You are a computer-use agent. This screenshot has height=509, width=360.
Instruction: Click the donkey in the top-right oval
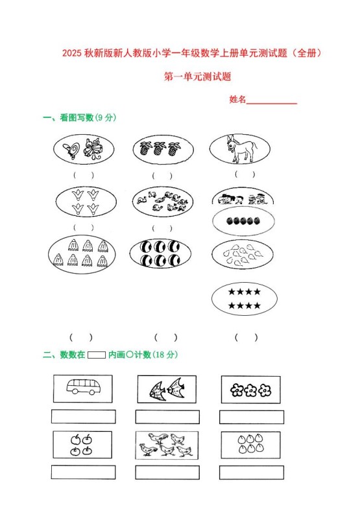coord(239,148)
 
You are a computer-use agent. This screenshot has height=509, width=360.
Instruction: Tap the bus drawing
coord(83,388)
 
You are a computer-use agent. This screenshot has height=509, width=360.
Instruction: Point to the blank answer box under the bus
coord(83,416)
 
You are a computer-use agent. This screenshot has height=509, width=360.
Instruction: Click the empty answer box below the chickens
coord(167,472)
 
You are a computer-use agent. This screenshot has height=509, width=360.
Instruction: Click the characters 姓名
coord(237,100)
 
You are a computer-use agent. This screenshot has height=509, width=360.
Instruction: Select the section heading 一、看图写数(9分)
coord(79,117)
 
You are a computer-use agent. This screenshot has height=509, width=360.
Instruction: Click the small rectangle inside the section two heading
coord(96,355)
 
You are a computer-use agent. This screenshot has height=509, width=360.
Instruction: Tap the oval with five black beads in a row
coord(244,221)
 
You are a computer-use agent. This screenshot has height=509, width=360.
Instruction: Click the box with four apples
coord(82,445)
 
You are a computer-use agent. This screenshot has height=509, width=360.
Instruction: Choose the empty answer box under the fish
coord(167,416)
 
